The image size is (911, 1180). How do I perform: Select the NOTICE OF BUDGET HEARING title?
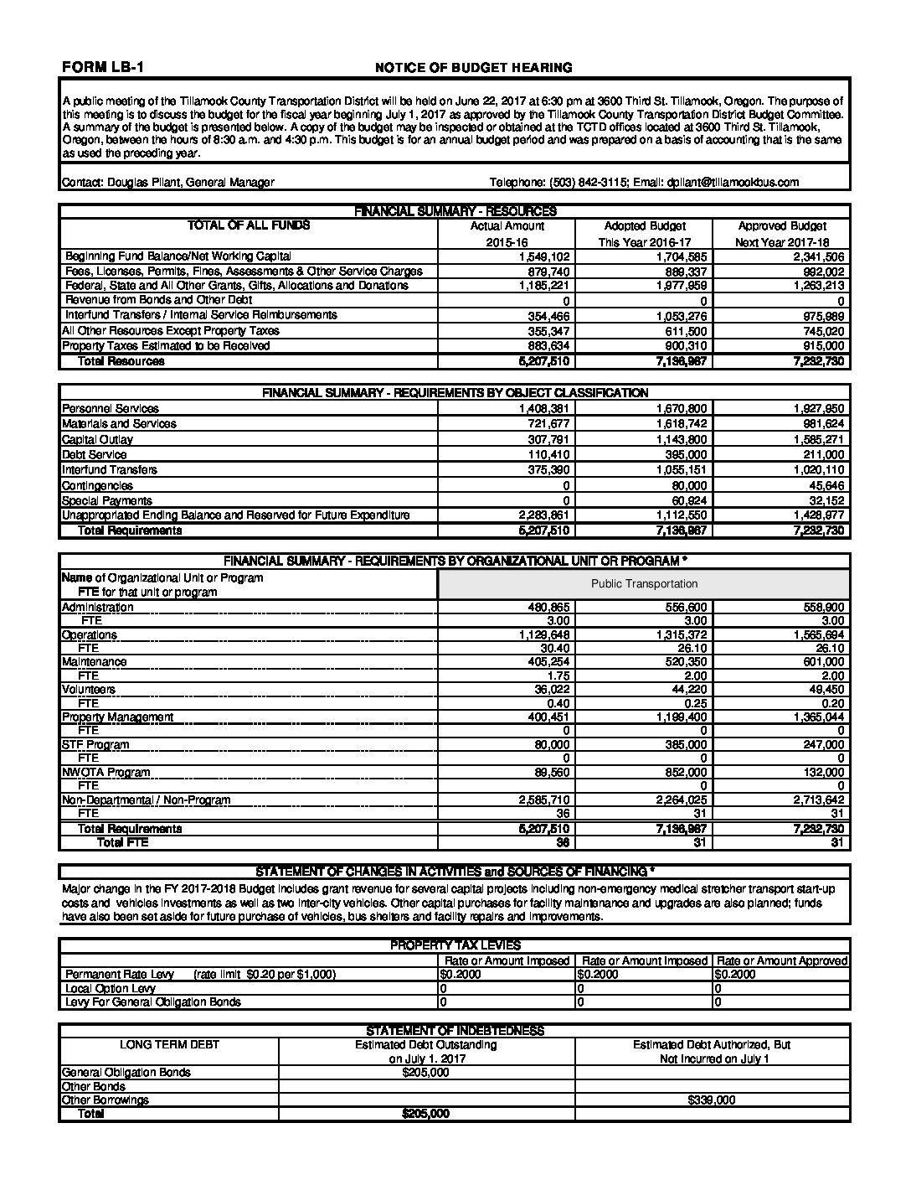click(x=473, y=67)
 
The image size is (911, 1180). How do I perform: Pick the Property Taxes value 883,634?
click(x=549, y=346)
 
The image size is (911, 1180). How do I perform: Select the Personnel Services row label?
click(x=111, y=409)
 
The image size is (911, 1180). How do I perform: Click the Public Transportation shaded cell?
click(x=644, y=584)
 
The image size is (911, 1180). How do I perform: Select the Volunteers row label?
click(x=89, y=690)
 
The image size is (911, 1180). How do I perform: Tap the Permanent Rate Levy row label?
click(x=120, y=975)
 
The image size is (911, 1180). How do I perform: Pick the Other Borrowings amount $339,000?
click(x=711, y=1100)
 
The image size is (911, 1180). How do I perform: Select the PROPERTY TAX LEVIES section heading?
click(x=455, y=945)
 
